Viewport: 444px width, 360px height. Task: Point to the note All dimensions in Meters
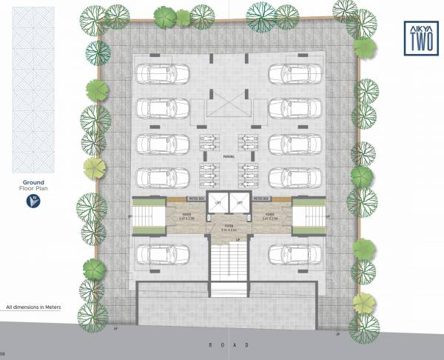35,306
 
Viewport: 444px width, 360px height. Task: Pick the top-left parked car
162,73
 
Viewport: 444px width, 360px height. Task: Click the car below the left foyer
161,253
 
